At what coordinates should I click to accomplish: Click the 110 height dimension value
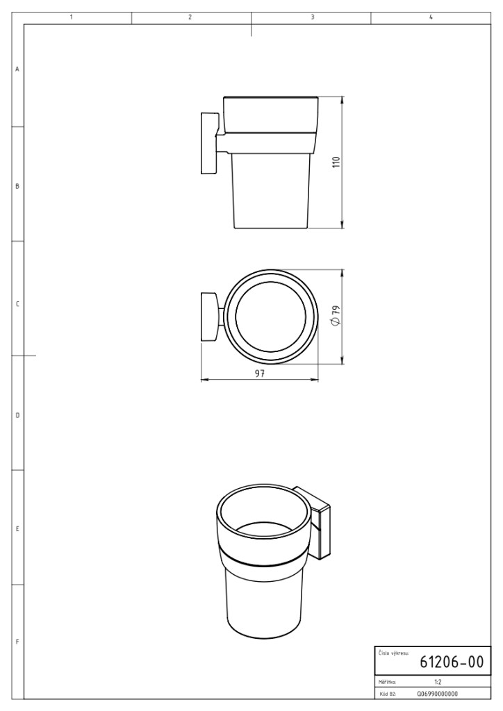coord(336,162)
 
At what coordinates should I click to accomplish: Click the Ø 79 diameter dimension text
coord(336,315)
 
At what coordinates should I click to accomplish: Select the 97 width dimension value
coord(259,374)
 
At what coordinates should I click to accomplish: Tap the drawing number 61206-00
coord(452,662)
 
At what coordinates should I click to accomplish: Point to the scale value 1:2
coord(438,682)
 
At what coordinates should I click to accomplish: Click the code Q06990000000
coord(437,694)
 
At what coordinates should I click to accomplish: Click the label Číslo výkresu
coord(393,653)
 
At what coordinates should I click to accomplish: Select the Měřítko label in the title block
coord(388,682)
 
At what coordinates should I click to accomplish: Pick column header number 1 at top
coord(72,17)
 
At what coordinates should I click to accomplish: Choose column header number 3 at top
coord(313,17)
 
